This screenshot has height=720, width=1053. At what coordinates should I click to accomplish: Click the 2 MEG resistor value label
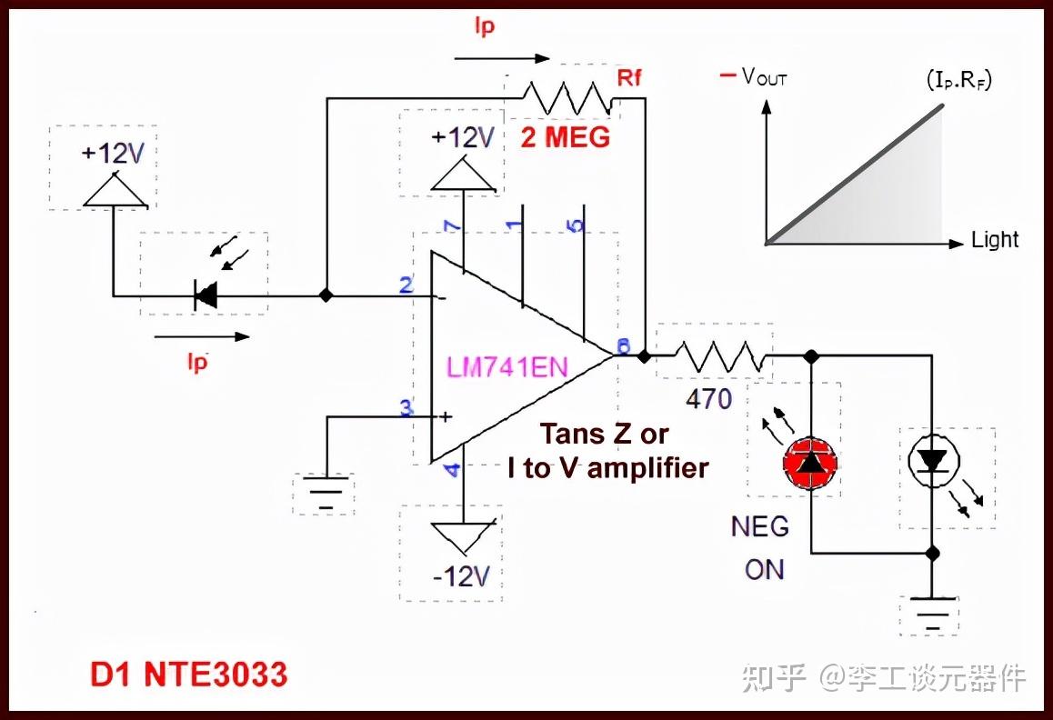(x=565, y=138)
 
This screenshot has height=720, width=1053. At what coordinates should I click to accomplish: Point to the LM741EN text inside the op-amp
(x=506, y=367)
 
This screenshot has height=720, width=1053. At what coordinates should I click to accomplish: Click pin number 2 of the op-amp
(x=406, y=285)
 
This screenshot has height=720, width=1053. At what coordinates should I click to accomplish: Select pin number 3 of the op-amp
(x=406, y=407)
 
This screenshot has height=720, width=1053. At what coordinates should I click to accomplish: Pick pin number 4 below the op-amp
(x=452, y=470)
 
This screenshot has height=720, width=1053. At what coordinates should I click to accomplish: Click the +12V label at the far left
(x=113, y=153)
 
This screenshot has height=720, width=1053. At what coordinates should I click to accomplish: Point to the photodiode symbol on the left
(x=207, y=294)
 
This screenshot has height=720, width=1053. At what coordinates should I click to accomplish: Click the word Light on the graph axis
(x=995, y=240)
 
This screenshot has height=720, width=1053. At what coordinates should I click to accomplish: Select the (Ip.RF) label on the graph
(x=958, y=80)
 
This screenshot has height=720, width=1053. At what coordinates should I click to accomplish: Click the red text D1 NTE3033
(x=188, y=674)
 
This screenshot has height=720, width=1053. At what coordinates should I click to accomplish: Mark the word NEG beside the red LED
(x=760, y=526)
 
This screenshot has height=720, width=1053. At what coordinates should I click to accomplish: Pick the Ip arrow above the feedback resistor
(x=502, y=58)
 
